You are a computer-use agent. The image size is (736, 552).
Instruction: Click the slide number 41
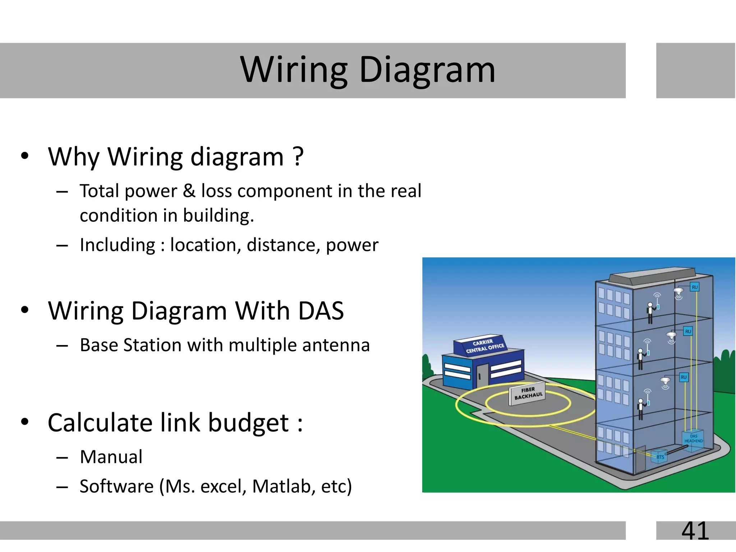point(695,531)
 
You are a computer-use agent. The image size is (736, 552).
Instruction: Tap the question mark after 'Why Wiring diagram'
point(298,157)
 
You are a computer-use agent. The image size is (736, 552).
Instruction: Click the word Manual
point(111,457)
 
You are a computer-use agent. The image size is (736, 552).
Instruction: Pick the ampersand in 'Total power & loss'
point(189,190)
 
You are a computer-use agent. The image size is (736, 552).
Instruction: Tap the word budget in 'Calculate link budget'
point(248,423)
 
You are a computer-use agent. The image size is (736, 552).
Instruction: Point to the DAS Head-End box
point(693,438)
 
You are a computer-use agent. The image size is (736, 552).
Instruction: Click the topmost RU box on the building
point(695,287)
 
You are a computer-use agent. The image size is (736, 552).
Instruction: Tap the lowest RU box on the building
point(683,377)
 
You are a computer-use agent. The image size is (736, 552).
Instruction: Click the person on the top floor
point(650,313)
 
